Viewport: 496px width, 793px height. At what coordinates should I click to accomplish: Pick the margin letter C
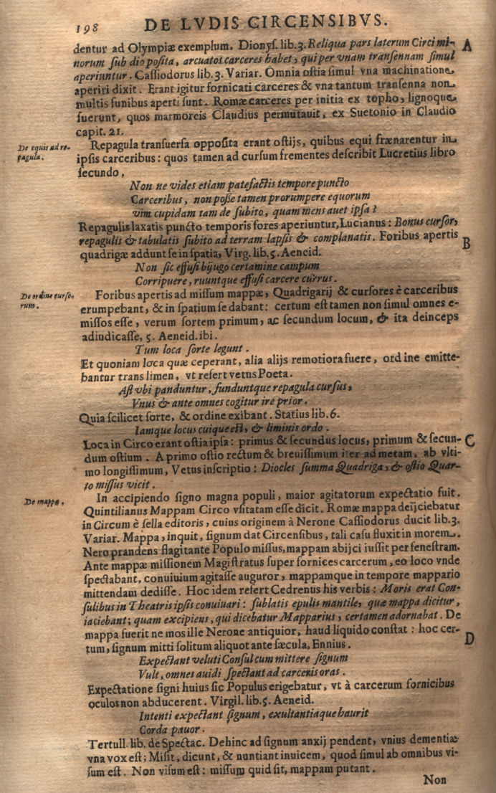tap(470, 440)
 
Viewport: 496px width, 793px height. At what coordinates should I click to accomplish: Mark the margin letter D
tap(469, 639)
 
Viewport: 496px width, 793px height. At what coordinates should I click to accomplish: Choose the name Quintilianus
tap(117, 510)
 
